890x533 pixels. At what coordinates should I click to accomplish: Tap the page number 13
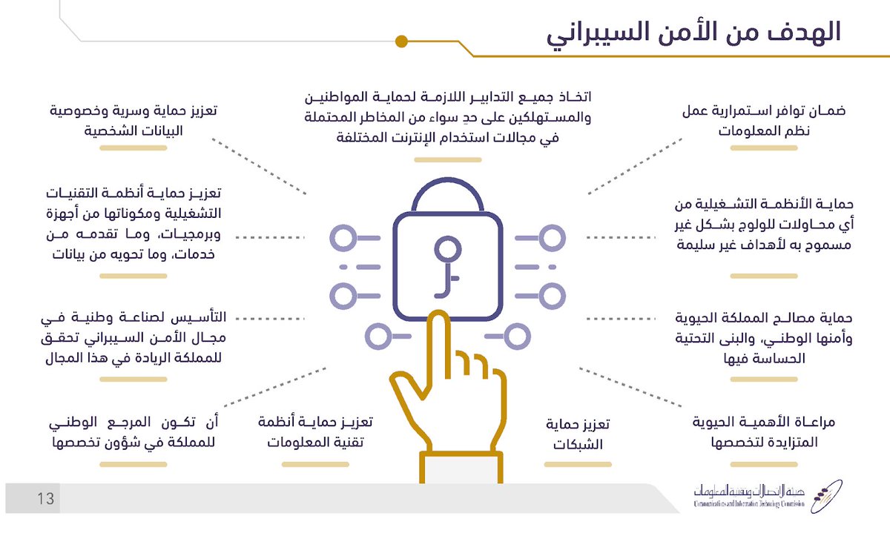[45, 499]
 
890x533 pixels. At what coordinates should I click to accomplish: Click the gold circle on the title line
[401, 41]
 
